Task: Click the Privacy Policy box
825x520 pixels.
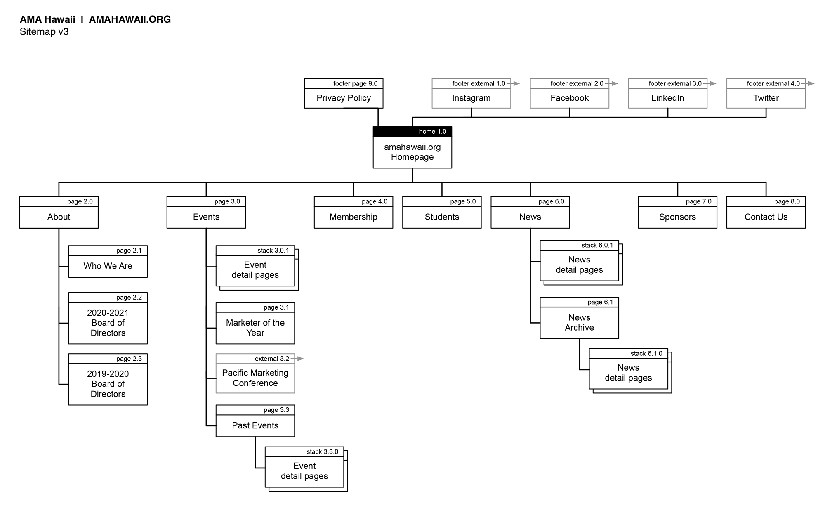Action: [x=344, y=98]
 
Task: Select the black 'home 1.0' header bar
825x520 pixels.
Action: [x=412, y=132]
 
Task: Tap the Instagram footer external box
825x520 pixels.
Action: [x=471, y=98]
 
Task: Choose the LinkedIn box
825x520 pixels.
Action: [x=667, y=98]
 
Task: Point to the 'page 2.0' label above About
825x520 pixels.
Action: [x=80, y=201]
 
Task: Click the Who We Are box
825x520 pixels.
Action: [x=108, y=266]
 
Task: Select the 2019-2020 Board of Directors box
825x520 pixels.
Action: [x=108, y=384]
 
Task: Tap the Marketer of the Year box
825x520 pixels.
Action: [x=255, y=328]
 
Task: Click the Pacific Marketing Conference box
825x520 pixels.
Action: [x=255, y=378]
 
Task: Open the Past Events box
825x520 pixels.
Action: [x=255, y=425]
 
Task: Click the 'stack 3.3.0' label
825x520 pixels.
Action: [x=322, y=451]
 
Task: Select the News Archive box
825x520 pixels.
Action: [x=579, y=322]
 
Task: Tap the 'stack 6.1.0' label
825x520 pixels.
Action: [x=646, y=353]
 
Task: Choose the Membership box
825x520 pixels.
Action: [x=353, y=217]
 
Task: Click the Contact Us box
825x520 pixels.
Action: [x=766, y=217]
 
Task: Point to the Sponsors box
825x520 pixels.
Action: [x=677, y=217]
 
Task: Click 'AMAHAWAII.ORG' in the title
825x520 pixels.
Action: [x=130, y=19]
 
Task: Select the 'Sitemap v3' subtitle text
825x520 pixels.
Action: [x=44, y=32]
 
